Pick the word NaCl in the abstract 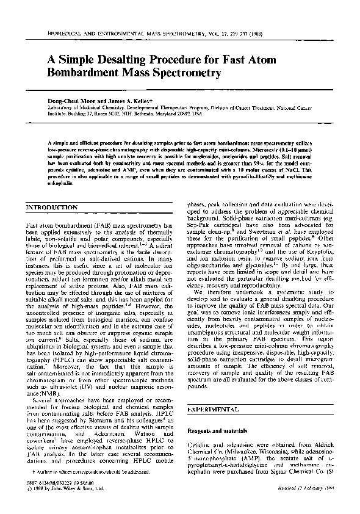pos(291,170)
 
